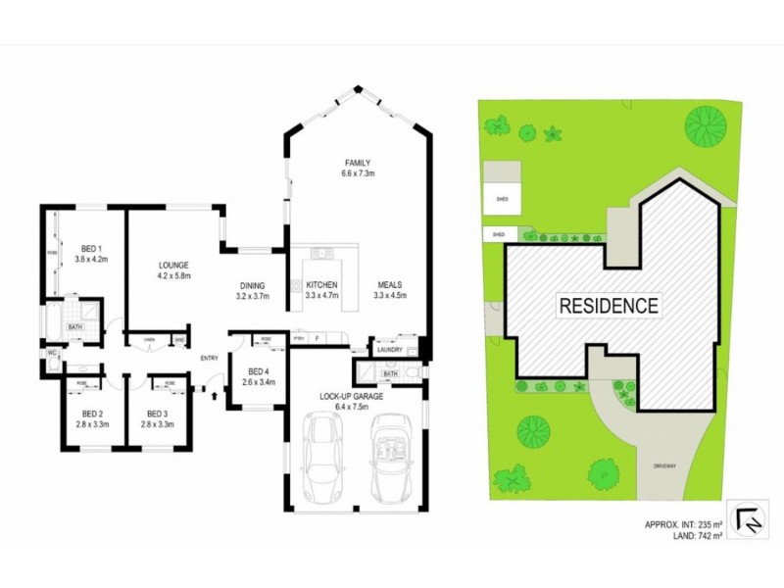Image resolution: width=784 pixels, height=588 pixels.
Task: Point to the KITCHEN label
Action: (321, 285)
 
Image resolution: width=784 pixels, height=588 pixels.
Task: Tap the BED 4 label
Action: (259, 371)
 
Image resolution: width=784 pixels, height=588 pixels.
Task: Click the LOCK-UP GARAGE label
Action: (356, 396)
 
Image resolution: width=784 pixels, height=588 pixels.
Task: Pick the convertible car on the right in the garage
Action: (392, 455)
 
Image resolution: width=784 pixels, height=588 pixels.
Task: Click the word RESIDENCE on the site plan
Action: (608, 305)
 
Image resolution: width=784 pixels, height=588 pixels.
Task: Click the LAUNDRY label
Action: (389, 348)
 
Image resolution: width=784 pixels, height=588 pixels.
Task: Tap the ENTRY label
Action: (210, 358)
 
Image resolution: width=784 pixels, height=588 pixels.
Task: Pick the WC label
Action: (51, 353)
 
